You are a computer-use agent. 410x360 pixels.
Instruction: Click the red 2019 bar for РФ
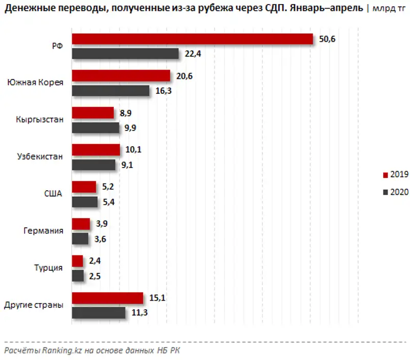pyautogui.click(x=192, y=39)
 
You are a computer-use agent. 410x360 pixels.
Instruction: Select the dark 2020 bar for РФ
pyautogui.click(x=125, y=54)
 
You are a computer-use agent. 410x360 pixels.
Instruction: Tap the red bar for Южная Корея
pyautogui.click(x=121, y=76)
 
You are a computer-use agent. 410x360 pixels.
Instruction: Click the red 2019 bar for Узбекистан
pyautogui.click(x=96, y=150)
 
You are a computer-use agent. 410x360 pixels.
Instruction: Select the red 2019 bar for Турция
pyautogui.click(x=77, y=261)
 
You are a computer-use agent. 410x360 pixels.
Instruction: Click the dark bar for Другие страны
pyautogui.click(x=98, y=312)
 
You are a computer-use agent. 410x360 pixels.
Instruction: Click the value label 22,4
pyautogui.click(x=191, y=54)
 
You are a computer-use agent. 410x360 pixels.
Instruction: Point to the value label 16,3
pyautogui.click(x=162, y=91)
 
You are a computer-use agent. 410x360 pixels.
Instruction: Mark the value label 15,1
pyautogui.click(x=155, y=298)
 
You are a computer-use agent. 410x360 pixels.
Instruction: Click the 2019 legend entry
pyautogui.click(x=395, y=175)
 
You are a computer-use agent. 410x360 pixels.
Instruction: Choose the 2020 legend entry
pyautogui.click(x=395, y=192)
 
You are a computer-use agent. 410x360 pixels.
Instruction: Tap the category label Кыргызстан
pyautogui.click(x=39, y=121)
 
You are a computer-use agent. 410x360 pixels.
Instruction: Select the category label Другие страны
pyautogui.click(x=34, y=305)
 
